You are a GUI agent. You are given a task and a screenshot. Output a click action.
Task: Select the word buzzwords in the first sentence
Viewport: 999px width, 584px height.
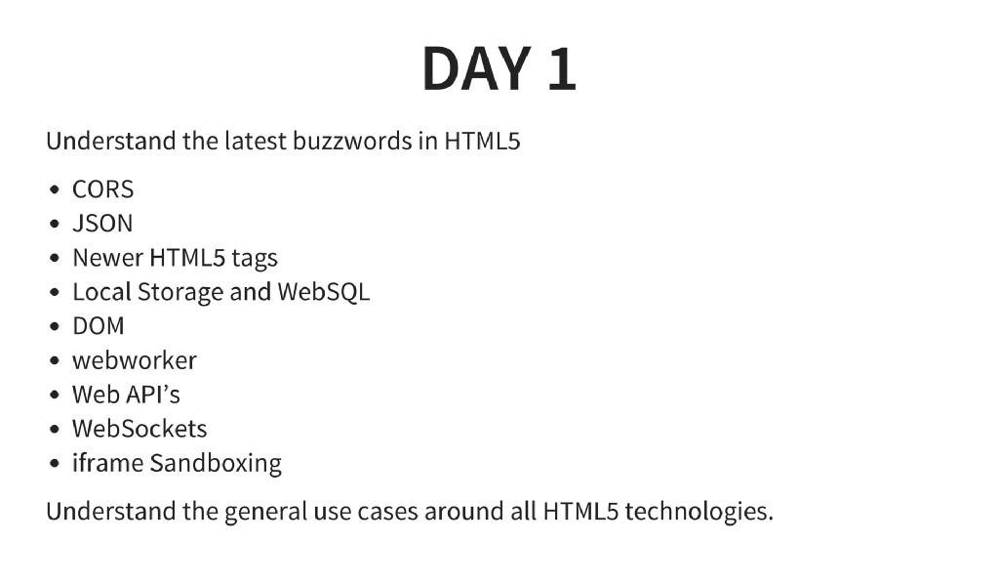point(348,141)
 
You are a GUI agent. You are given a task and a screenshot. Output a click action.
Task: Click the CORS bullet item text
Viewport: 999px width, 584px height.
point(102,189)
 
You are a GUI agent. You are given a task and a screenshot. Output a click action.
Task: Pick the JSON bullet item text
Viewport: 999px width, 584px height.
point(102,224)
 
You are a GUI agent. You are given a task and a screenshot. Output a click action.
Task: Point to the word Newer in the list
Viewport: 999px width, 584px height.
point(108,258)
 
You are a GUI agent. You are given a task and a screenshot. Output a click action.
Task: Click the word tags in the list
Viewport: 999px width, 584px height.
point(255,259)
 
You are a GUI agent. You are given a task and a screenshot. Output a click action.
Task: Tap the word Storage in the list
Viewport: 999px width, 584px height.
point(180,293)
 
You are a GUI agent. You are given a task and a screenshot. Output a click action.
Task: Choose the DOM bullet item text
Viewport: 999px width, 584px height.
point(99,326)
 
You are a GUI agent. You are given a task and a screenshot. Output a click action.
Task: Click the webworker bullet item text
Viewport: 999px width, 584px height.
point(135,360)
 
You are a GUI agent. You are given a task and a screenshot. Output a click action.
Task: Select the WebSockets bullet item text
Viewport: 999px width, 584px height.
point(140,429)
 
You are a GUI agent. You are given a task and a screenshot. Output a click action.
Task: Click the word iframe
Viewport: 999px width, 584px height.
point(107,463)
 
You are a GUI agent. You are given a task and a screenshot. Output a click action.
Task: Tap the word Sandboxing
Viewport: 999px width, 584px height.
point(216,464)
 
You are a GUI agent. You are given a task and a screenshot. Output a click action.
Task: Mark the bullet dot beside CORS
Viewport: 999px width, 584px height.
point(56,190)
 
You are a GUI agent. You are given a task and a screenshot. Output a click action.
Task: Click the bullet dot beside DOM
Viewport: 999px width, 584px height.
point(56,327)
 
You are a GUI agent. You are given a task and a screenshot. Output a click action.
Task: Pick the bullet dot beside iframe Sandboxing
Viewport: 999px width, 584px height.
point(56,464)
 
